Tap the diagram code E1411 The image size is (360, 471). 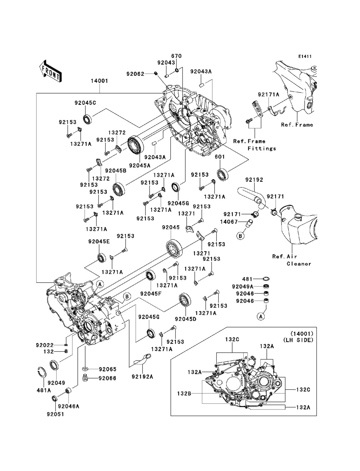tap(305, 56)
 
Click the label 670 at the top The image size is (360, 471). tap(176, 56)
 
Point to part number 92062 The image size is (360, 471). tap(135, 74)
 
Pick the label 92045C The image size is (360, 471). tap(85, 103)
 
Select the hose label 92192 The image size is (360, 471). tap(255, 180)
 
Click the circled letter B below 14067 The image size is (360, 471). tap(240, 236)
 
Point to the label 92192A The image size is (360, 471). tap(142, 377)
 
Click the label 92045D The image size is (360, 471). tap(185, 318)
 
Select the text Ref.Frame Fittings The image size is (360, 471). tap(254, 145)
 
